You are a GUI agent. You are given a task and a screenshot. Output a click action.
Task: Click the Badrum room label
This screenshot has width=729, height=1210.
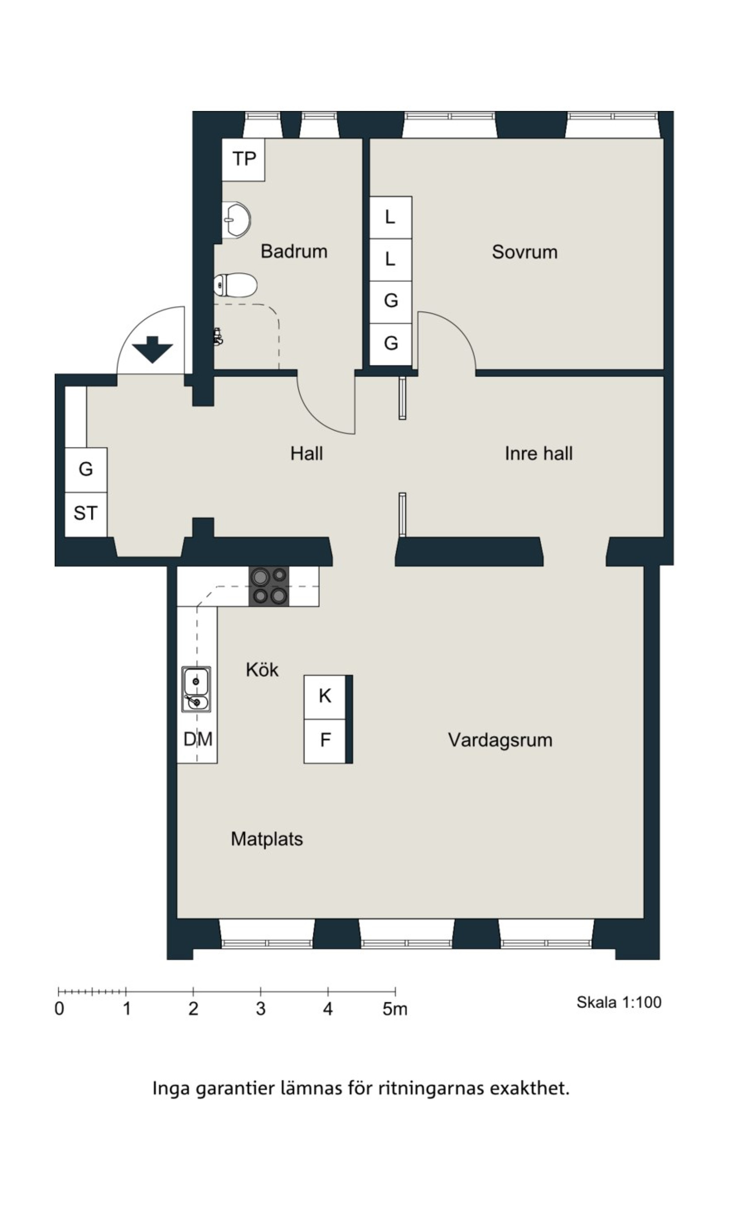294,252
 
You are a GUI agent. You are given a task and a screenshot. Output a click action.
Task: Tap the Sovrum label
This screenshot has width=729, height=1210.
525,252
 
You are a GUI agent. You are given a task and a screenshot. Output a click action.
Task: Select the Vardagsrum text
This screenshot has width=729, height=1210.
500,740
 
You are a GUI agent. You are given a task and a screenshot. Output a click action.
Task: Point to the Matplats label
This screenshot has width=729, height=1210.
267,839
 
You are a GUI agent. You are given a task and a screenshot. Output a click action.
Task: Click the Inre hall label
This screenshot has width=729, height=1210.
538,453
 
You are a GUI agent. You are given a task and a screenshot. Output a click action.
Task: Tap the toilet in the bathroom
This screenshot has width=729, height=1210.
235,285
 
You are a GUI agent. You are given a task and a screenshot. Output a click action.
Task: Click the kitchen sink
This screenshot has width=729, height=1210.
196,689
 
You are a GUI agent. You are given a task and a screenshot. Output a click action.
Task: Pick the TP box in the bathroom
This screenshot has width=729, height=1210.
244,160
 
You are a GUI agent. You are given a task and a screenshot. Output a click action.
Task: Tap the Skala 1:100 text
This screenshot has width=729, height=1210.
619,1002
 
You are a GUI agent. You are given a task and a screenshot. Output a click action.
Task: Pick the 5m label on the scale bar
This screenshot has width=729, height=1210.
395,1009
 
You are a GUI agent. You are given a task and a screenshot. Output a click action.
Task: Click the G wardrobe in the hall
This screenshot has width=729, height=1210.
86,470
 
